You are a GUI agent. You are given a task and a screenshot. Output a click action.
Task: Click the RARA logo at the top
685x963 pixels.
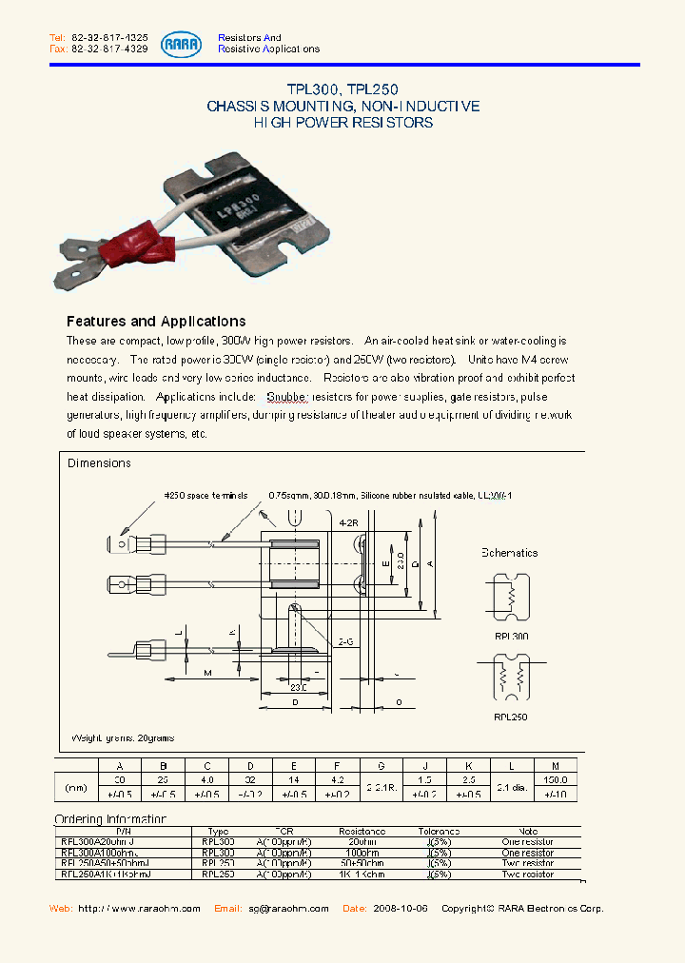point(181,43)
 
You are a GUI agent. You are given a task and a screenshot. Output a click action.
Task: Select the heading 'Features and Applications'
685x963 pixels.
point(156,322)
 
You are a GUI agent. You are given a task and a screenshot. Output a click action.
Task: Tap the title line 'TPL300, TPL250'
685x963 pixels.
point(342,88)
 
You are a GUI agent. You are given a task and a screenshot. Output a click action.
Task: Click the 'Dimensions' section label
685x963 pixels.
point(99,463)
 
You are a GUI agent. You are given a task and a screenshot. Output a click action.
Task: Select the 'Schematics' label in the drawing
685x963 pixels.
point(509,553)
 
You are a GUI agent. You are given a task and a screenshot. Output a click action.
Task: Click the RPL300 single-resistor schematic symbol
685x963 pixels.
point(511,597)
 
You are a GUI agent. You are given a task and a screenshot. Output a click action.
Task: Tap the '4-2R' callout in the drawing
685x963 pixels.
point(349,522)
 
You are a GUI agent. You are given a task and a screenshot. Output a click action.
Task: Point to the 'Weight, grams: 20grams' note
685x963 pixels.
point(123,737)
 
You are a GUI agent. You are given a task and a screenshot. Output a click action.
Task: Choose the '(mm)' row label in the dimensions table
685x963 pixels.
point(76,786)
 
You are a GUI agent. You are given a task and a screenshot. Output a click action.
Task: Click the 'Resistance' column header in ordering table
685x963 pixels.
point(361,831)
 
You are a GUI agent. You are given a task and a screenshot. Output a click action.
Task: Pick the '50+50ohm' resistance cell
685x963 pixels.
point(361,863)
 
